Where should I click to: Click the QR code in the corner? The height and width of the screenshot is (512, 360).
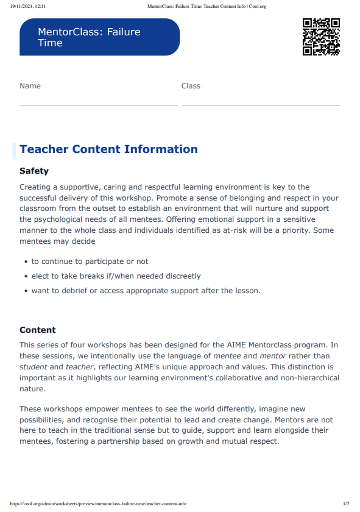coord(321,37)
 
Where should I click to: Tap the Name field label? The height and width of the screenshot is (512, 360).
coord(30,86)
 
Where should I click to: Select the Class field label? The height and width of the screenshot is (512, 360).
coord(191,86)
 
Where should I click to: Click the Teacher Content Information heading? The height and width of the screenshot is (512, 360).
coord(108,149)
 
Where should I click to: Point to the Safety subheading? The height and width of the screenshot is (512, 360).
coord(34,171)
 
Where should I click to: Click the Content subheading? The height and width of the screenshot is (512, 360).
coord(38,330)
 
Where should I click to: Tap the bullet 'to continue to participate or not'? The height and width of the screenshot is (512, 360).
coord(90,261)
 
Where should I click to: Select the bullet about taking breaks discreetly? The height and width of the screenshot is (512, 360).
coord(116,276)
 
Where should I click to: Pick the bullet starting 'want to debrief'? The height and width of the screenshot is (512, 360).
coord(146,291)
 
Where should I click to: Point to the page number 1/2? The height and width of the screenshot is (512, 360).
coord(346,504)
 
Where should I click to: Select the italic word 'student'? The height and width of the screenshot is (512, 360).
coord(33,367)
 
